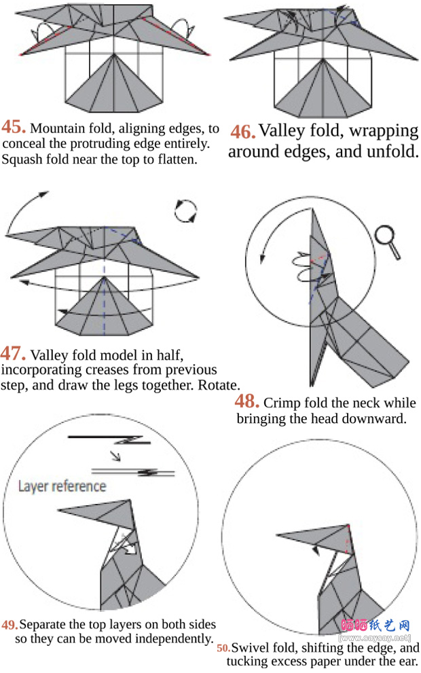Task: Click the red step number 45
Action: pos(14,127)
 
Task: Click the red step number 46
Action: pos(243,132)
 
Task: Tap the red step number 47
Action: pos(13,354)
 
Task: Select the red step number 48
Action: pos(246,401)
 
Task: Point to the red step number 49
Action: pos(10,625)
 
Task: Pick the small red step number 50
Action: pos(223,648)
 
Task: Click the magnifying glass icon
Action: pos(388,242)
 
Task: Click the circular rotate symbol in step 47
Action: pos(185,211)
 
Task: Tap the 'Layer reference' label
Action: pos(62,486)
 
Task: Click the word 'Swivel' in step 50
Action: pos(248,648)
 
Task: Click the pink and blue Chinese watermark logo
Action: pos(375,625)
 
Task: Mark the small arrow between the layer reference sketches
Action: pos(115,456)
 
